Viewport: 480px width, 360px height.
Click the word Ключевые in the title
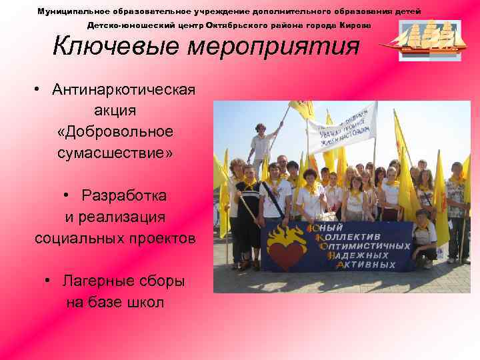coord(105,46)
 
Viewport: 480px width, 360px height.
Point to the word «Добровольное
coord(115,131)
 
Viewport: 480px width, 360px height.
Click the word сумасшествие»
coord(115,153)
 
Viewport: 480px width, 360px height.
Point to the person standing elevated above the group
coord(261,146)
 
